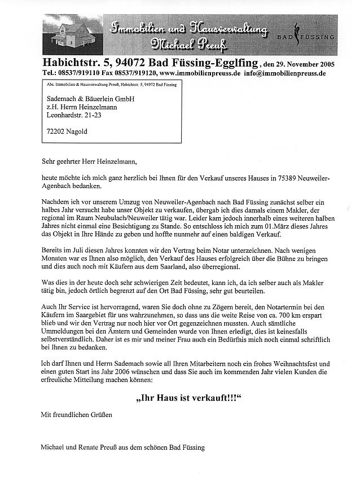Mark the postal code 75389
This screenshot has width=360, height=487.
289,177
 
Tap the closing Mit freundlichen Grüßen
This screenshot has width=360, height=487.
77,415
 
